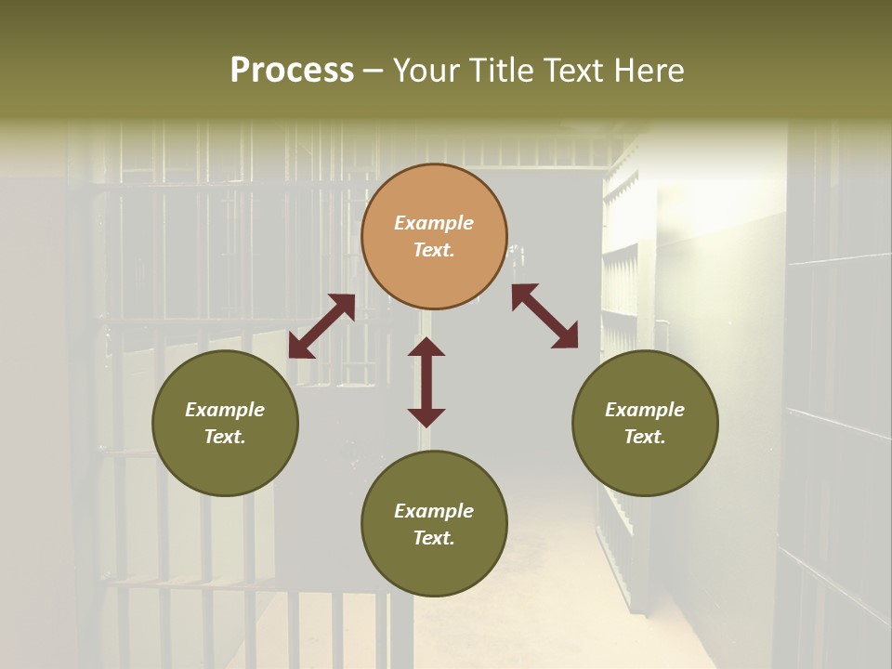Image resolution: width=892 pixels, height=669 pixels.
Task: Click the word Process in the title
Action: click(x=292, y=71)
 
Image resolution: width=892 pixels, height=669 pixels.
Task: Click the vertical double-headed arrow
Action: click(x=426, y=382)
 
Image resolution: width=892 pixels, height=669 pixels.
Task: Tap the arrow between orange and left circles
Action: click(x=321, y=326)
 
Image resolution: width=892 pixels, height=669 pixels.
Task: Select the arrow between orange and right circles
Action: click(x=545, y=316)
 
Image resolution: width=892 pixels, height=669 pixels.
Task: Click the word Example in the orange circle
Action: click(x=434, y=223)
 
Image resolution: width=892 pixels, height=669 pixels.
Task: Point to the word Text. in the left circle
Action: click(x=225, y=437)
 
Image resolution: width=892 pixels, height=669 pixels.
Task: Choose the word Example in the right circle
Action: click(x=645, y=410)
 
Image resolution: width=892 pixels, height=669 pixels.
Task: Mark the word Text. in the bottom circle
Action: click(x=434, y=538)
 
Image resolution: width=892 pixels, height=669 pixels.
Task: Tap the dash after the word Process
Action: click(x=374, y=71)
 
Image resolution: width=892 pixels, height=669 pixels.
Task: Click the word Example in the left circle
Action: click(x=225, y=410)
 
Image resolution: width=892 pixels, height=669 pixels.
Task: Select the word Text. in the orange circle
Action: click(x=434, y=250)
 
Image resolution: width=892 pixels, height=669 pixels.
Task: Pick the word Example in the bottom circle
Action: click(x=434, y=511)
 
